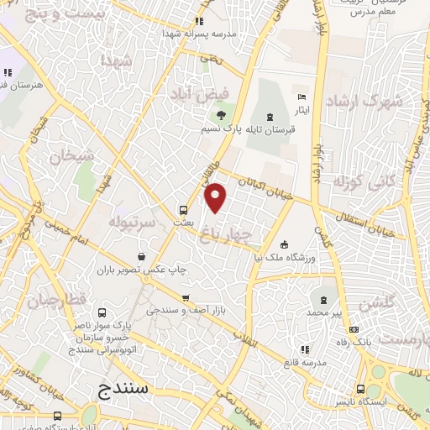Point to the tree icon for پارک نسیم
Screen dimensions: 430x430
221,116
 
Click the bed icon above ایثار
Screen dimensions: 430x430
302,96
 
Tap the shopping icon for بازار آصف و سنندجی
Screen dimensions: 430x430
186,298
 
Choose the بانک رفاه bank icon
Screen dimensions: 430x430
354,329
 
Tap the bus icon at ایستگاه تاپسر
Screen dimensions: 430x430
360,390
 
